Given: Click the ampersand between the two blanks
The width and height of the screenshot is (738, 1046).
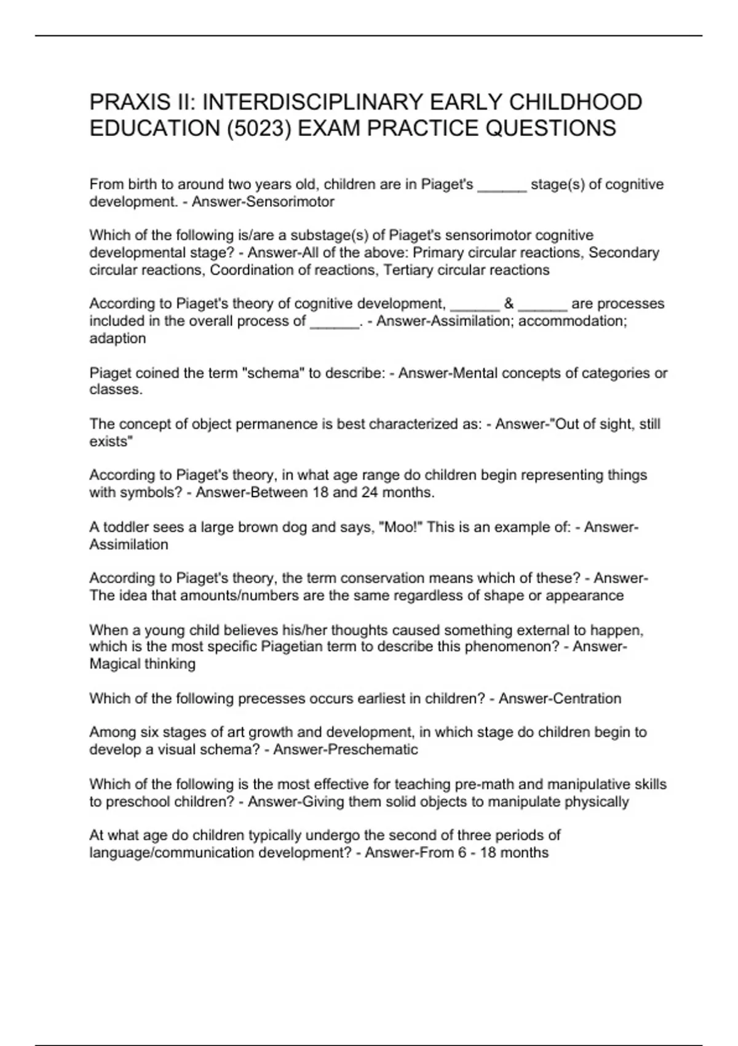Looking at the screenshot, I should click(509, 303).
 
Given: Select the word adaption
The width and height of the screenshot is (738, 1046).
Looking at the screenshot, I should click(117, 338).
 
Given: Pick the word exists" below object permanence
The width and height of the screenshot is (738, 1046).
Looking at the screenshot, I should click(111, 441).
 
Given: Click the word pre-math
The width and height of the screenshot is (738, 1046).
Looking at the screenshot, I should click(483, 784).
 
